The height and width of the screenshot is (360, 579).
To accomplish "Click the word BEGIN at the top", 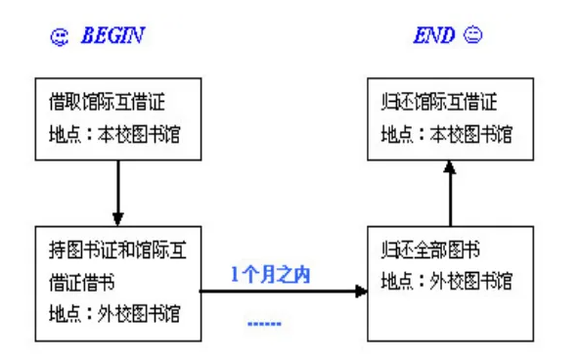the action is [x=112, y=36].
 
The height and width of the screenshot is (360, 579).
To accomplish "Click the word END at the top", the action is [x=434, y=36].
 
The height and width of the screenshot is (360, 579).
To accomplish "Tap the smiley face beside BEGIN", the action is [x=59, y=37].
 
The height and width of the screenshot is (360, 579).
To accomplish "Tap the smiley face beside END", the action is [x=472, y=35].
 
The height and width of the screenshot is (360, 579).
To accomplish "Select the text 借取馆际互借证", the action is [x=107, y=102].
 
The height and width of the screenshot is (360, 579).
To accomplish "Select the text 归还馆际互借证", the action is [x=439, y=102].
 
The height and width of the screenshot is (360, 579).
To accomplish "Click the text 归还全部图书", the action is [x=430, y=249].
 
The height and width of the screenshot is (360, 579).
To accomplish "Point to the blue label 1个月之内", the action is [x=270, y=275].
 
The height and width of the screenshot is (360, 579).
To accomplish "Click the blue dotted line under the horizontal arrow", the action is [x=264, y=324].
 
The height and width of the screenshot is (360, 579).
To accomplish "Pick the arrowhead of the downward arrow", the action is [x=117, y=218].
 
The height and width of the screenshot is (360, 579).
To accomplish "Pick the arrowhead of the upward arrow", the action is [x=450, y=167].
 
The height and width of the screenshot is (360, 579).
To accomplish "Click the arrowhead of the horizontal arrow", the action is [x=361, y=292].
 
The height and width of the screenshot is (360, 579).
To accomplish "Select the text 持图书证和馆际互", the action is [x=117, y=249].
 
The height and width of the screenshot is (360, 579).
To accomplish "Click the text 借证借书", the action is [x=82, y=283].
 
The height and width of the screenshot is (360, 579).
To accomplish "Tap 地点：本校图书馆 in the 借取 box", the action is [x=114, y=134].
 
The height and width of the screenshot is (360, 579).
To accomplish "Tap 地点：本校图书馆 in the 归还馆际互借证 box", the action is [x=447, y=134].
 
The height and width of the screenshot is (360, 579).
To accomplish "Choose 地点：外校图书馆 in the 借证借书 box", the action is [x=114, y=314].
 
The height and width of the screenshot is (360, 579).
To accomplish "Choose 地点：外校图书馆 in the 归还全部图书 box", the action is [x=447, y=281].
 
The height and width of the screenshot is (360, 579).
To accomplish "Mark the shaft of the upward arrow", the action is [x=450, y=200].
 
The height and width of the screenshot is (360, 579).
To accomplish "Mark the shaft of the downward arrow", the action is [x=118, y=187].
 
